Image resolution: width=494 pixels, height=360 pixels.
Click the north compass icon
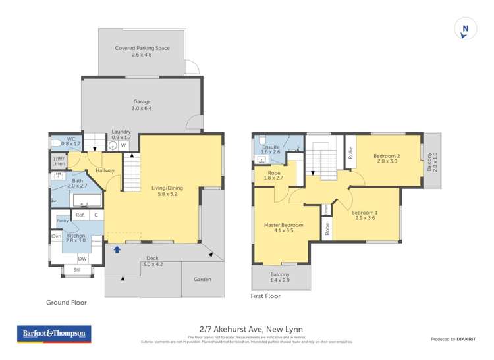tap(466, 29)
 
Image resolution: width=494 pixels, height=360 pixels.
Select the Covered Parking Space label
tap(142, 51)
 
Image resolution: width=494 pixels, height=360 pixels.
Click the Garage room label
tap(142, 105)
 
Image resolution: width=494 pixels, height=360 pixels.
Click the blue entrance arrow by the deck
tap(117, 249)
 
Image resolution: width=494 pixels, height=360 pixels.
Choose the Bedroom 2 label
tap(387, 159)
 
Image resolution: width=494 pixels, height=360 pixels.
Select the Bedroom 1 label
tap(364, 217)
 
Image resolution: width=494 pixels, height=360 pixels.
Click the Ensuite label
tap(271, 149)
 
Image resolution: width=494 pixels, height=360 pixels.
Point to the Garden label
tap(202, 280)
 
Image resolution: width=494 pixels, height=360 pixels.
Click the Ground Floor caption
tap(66, 303)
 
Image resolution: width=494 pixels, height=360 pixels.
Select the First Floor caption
tap(265, 296)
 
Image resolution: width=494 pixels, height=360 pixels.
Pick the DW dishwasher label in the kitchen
tap(82, 259)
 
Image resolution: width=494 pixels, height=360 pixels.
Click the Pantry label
tap(63, 221)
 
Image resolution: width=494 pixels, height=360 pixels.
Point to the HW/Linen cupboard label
tap(59, 161)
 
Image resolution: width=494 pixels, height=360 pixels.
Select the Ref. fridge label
tap(80, 215)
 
